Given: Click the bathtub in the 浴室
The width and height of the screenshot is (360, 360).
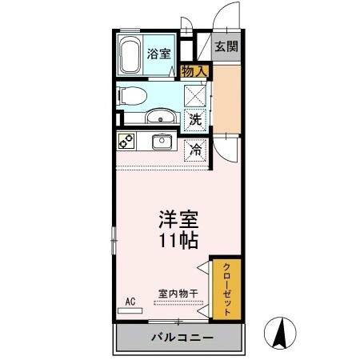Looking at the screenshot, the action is (x=130, y=54).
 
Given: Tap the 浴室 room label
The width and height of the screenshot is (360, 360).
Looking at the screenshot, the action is (x=159, y=54).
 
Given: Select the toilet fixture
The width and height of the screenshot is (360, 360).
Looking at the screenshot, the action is (x=132, y=96).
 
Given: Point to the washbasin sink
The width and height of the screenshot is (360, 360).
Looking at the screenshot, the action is (x=161, y=116).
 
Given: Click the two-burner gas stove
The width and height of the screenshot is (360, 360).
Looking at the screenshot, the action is (x=126, y=141).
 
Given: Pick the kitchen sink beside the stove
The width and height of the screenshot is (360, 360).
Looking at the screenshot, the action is (x=162, y=142).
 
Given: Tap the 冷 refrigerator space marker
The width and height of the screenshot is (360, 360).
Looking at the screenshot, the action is (x=195, y=150).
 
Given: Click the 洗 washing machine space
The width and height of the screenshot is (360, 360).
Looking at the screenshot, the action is (x=195, y=120).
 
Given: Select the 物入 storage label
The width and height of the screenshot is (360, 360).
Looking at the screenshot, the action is (x=194, y=71).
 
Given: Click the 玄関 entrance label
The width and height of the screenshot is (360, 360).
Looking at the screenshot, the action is (x=226, y=47).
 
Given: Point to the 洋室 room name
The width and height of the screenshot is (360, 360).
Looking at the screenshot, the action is (x=178, y=219).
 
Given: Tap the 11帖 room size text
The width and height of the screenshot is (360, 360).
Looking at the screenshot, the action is (x=178, y=241).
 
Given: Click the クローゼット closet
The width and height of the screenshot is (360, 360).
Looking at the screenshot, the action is (x=226, y=289).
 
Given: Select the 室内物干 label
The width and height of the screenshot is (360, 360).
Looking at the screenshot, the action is (x=178, y=294).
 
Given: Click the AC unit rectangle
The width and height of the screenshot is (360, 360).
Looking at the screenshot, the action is (x=130, y=310).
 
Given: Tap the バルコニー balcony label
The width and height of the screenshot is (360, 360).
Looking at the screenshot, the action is (x=182, y=338).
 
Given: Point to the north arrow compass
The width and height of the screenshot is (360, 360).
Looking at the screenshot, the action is (x=280, y=333).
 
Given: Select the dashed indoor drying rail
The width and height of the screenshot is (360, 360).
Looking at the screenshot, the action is (x=178, y=303).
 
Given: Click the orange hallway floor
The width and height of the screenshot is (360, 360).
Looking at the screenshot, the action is (x=227, y=98).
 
